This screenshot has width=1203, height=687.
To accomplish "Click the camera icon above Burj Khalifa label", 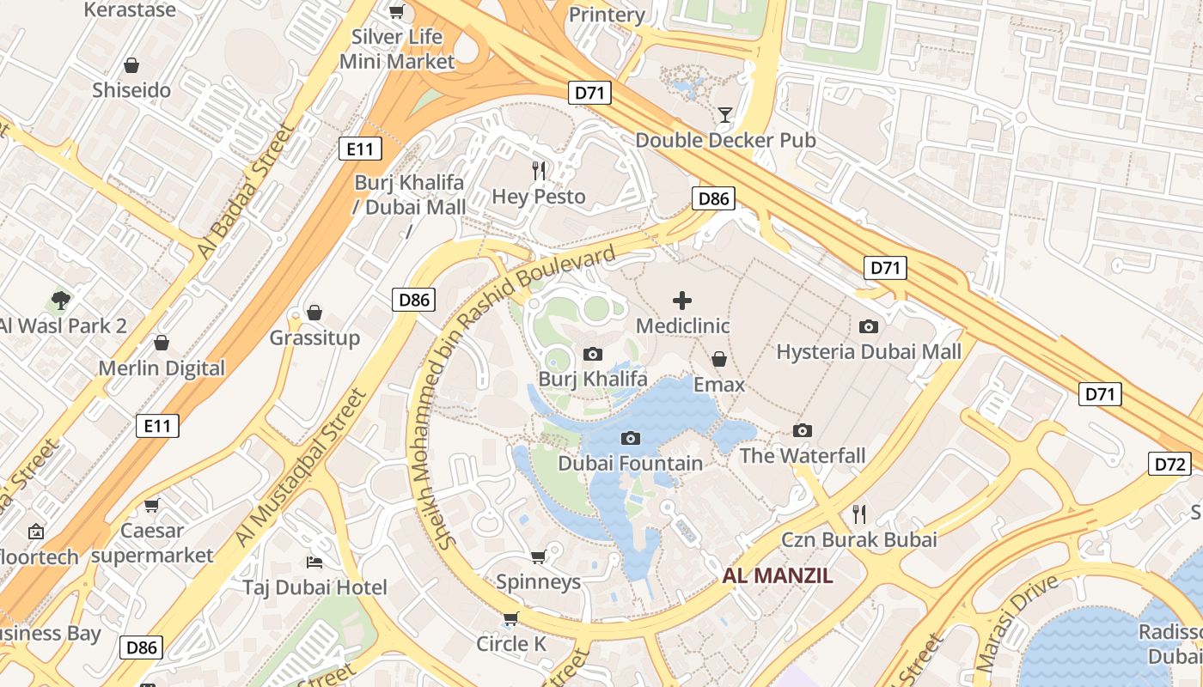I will tap(592, 354).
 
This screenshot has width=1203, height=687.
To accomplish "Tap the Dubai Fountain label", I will tap(630, 463).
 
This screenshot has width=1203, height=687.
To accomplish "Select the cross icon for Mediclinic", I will tap(682, 301).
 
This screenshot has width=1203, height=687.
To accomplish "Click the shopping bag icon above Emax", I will tap(719, 359).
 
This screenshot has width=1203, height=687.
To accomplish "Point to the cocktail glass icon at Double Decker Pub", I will tap(725, 114).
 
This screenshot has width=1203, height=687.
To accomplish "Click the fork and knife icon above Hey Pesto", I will tap(539, 171).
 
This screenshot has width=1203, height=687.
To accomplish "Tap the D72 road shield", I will tap(1169, 465).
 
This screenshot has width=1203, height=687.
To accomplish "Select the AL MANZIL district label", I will tap(778, 575).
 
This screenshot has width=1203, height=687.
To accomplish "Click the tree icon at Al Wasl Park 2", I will tap(60, 300).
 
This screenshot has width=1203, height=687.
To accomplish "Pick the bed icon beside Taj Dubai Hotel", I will tap(314, 562).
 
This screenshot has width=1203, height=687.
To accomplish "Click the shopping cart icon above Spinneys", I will tap(539, 557).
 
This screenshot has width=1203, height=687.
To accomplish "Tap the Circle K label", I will tap(511, 643).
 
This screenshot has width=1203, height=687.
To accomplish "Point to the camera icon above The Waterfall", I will tap(803, 430).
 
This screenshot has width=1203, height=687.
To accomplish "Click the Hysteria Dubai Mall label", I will tap(869, 351).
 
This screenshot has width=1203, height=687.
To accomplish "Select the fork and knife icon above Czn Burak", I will tap(858, 514).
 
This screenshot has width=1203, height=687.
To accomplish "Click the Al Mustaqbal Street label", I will tap(301, 467).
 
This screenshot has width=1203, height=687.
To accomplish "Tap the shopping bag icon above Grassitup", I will tap(314, 312).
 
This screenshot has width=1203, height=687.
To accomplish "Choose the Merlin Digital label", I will tap(162, 368).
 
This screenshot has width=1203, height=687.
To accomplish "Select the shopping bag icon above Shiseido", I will tap(131, 65).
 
